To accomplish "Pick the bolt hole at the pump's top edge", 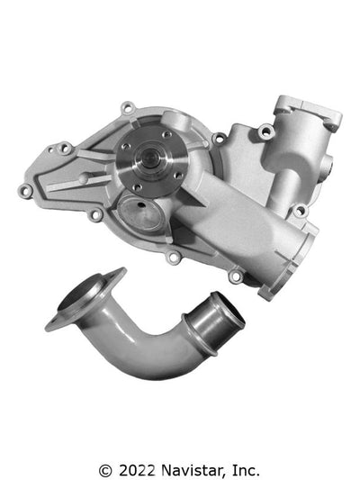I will (127, 109).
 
